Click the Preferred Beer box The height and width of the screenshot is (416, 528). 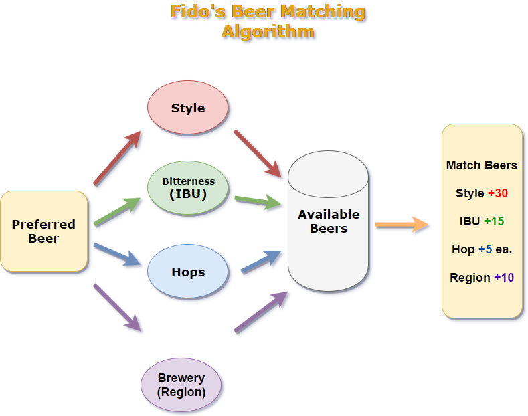(43, 231)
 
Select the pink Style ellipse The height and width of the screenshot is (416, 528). (188, 108)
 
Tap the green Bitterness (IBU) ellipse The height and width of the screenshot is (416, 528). (189, 188)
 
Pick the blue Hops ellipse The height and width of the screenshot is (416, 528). (188, 272)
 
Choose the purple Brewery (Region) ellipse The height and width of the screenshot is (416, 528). (181, 385)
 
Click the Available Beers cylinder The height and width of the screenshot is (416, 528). (329, 222)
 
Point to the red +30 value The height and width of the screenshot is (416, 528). (498, 193)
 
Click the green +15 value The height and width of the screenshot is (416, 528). (495, 221)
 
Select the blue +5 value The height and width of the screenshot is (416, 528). (485, 249)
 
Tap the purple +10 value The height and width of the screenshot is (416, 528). (504, 278)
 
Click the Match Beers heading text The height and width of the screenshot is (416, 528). (482, 165)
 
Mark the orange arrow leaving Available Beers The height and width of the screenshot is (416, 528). (402, 225)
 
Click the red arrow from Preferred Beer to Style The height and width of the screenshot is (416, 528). (118, 159)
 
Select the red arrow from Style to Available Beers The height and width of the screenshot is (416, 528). (258, 154)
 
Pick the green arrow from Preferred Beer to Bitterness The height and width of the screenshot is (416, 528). (119, 212)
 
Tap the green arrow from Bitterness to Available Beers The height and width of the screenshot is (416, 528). (258, 200)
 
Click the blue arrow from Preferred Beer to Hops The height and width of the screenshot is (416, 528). (118, 255)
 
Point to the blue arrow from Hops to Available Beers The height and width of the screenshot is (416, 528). (262, 263)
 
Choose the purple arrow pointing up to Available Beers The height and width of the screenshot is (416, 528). (260, 312)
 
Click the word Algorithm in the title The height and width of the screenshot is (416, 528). (268, 31)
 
